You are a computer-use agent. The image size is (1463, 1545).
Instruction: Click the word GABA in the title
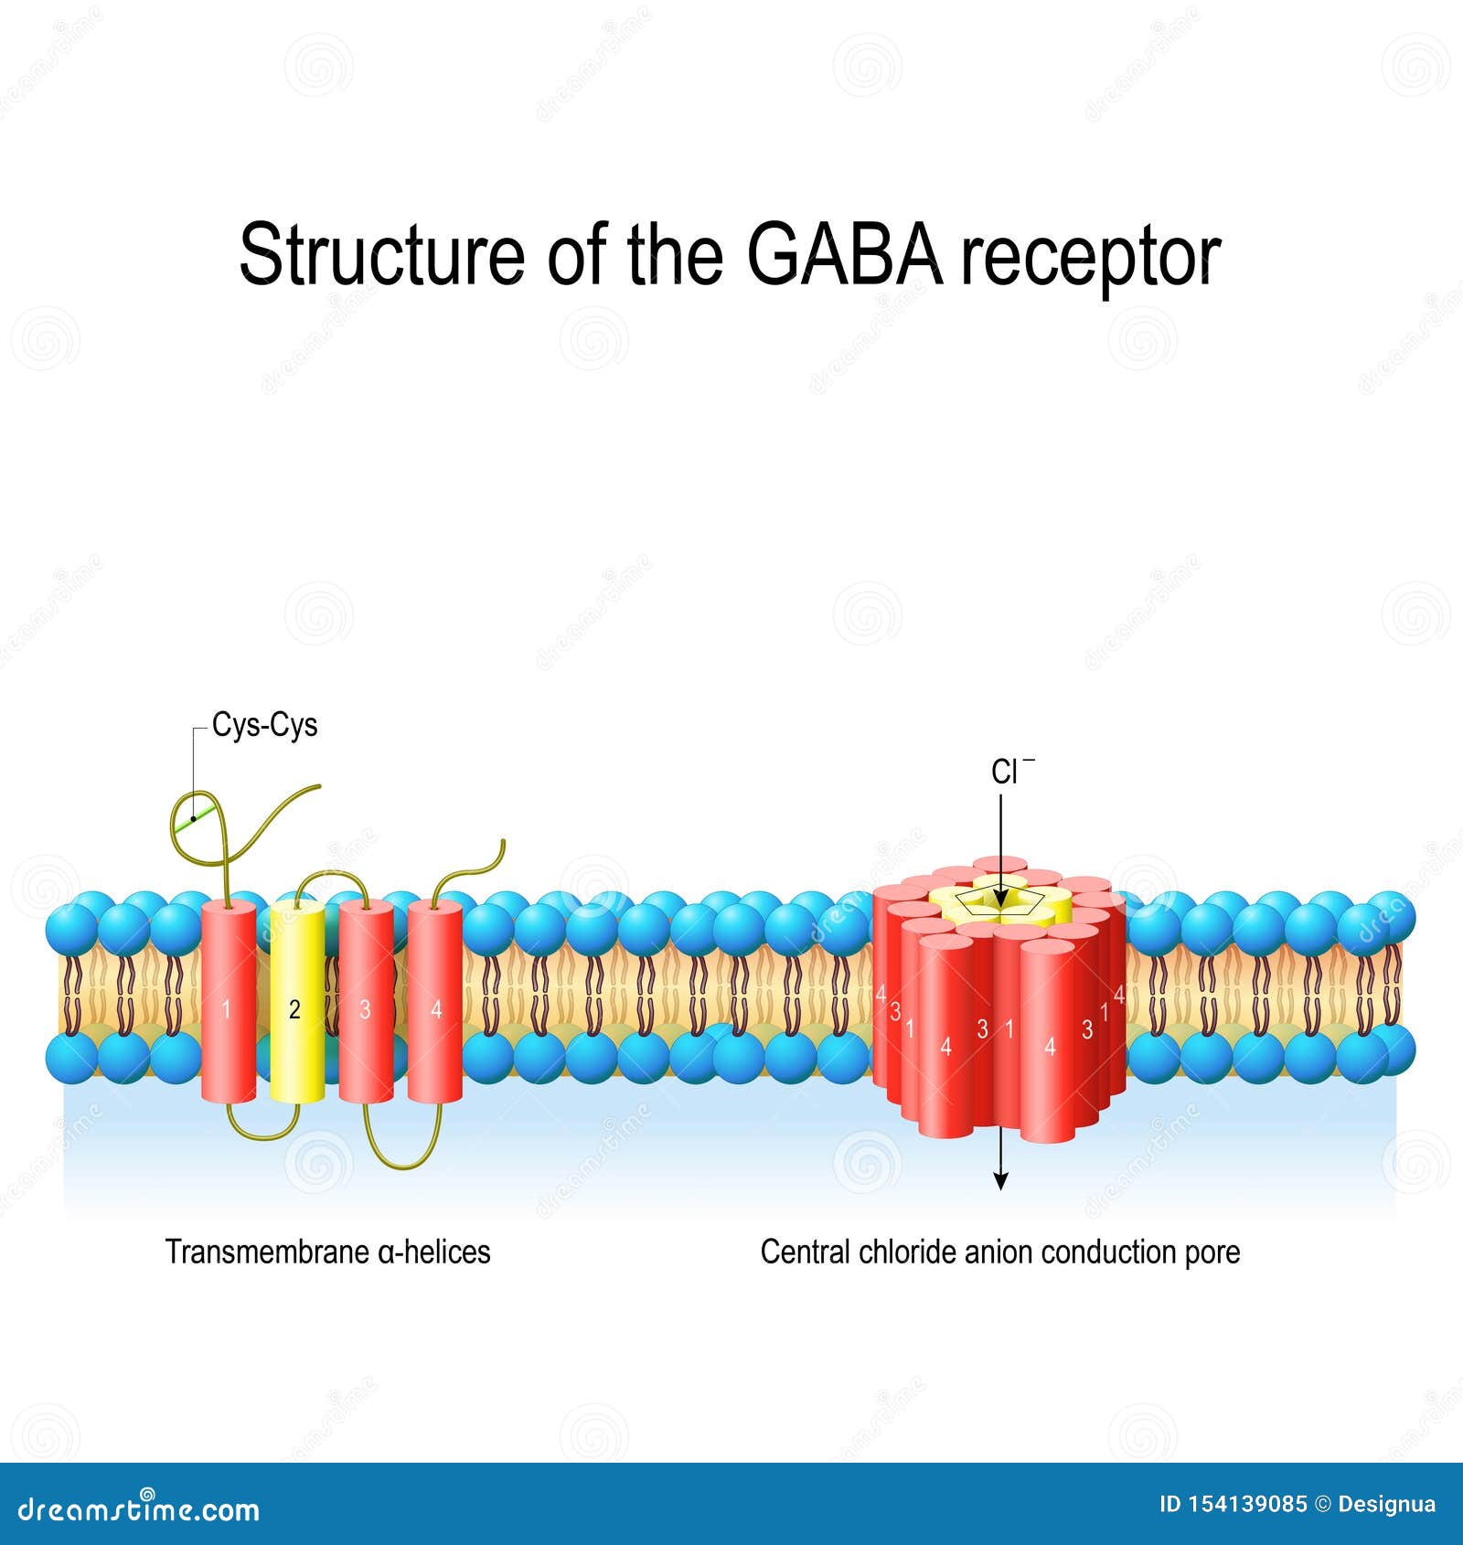[x=845, y=255]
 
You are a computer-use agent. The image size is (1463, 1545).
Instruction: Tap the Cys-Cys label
[x=264, y=725]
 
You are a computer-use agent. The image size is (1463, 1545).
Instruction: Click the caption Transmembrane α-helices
[x=327, y=1252]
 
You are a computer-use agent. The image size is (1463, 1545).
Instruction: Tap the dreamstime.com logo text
[x=139, y=1510]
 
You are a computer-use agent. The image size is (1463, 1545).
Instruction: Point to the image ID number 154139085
[x=1248, y=1505]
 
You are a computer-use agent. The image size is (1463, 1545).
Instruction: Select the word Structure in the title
[x=381, y=255]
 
